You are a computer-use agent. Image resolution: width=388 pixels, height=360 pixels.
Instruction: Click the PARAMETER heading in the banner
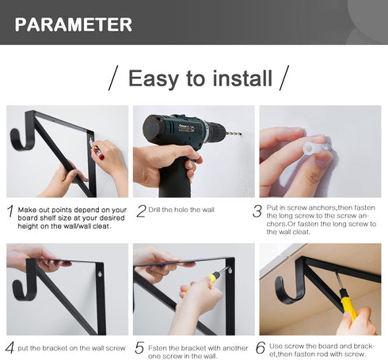coord(73,25)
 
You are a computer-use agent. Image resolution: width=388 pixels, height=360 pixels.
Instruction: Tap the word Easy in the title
coord(152,78)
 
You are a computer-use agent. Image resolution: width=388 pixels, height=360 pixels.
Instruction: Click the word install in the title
coord(242,78)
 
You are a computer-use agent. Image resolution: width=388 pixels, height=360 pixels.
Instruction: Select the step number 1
coord(10,211)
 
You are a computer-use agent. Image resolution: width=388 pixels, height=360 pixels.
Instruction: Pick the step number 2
coord(141,211)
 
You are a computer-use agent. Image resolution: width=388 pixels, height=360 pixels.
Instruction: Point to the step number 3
coord(257,211)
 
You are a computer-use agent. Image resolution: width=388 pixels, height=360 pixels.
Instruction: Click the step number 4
coord(10,348)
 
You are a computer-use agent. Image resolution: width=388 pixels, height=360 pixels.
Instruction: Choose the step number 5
coord(139,348)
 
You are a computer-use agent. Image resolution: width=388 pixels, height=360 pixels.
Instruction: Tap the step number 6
coord(261,347)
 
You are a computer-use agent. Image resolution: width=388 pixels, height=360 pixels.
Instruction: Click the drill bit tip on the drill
coord(241,135)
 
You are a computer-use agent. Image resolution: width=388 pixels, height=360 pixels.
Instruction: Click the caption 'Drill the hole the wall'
coord(181,210)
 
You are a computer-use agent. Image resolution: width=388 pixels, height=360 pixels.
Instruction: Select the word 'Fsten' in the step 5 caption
coord(158,348)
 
